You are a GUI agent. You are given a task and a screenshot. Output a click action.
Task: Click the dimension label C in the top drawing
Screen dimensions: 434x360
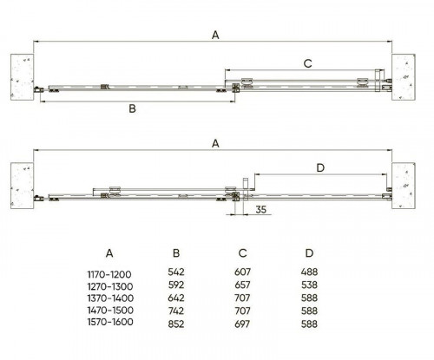(x=308, y=63)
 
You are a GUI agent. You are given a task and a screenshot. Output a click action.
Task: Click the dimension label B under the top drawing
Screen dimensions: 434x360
(x=132, y=108)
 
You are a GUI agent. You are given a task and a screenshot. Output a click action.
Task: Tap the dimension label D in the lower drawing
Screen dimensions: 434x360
(x=320, y=167)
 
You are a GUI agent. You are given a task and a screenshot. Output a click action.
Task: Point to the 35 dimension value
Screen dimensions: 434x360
(x=260, y=209)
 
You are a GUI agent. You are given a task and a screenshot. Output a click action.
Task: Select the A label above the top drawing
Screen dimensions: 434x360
(x=215, y=36)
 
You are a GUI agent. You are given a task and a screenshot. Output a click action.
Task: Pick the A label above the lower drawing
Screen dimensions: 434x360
(x=215, y=143)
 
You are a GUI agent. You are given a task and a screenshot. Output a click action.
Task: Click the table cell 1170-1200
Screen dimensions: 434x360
(x=109, y=274)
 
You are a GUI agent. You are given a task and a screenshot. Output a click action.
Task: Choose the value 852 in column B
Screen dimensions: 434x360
(x=176, y=324)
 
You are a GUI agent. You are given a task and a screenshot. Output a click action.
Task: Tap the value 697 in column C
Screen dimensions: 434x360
(x=242, y=324)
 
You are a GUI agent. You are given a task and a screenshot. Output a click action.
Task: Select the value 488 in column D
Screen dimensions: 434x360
(x=309, y=272)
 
